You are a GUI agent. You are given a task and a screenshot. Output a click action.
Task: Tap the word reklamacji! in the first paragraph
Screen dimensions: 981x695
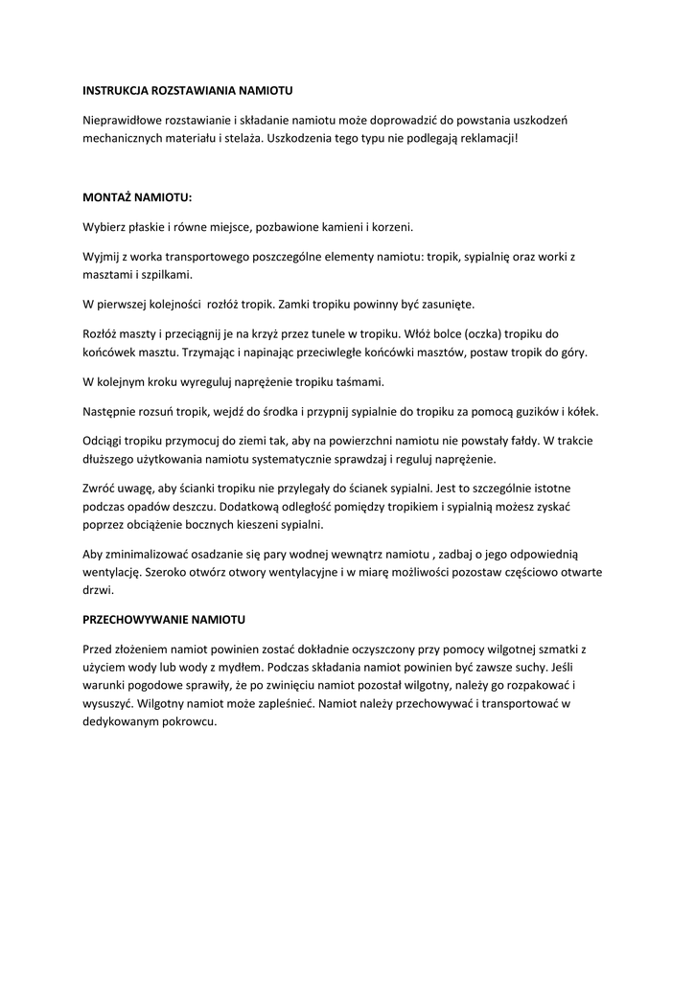(x=486, y=138)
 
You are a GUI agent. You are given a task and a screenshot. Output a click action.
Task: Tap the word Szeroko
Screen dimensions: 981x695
(x=172, y=572)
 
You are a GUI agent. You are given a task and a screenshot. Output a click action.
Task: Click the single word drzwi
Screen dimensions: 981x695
(x=98, y=590)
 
